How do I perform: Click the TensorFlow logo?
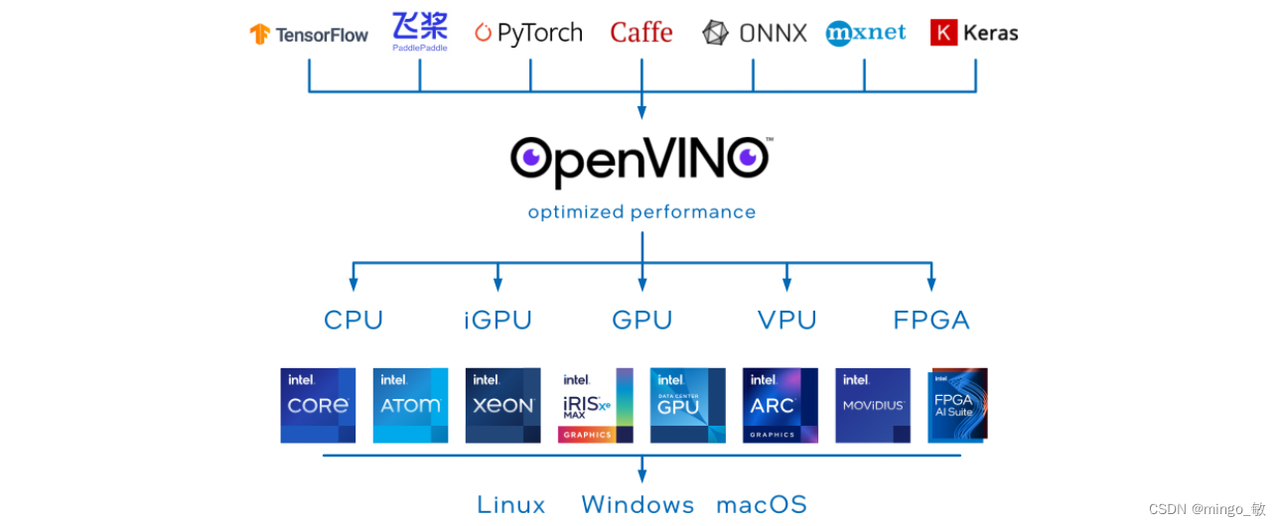point(308,34)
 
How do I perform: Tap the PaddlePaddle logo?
point(420,32)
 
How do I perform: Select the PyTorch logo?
point(528,33)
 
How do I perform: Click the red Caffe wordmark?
point(641,33)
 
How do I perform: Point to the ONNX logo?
point(754,33)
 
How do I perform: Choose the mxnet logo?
point(865,33)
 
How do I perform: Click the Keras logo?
point(974,33)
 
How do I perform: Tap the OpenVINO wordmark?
point(641,160)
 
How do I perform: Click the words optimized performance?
point(641,211)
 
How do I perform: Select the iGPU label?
point(498,320)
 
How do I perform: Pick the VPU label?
point(786,320)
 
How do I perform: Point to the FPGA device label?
point(930,320)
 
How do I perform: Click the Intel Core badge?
point(318,405)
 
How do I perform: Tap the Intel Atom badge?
point(410,405)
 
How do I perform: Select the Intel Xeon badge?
point(502,405)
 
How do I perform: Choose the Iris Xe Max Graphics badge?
point(595,405)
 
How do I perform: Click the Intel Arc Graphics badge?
point(780,405)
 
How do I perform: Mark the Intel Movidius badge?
point(872,405)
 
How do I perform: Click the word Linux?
point(510,504)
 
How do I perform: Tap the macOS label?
point(762,504)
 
